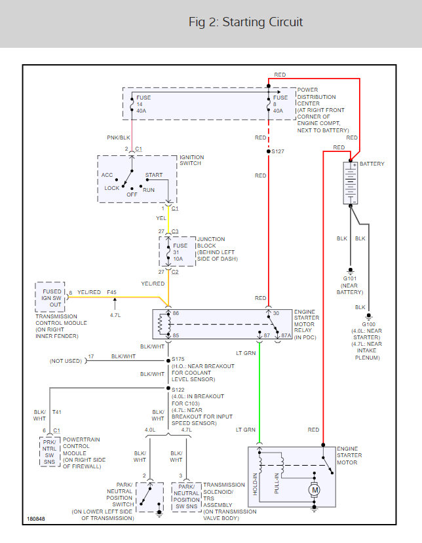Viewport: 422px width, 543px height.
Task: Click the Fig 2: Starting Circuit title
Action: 246,22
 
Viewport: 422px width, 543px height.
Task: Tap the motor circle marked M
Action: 315,489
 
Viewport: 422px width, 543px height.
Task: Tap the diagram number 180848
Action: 37,519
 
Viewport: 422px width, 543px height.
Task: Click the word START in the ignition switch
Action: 154,176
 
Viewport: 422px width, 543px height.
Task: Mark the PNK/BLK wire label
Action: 118,138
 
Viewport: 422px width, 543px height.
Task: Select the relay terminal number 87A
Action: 286,335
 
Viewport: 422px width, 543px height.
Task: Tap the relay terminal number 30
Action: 276,314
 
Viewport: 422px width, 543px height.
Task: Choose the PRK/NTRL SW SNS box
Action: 50,452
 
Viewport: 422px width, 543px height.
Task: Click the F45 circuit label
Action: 112,292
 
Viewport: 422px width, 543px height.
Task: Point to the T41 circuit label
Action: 58,413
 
